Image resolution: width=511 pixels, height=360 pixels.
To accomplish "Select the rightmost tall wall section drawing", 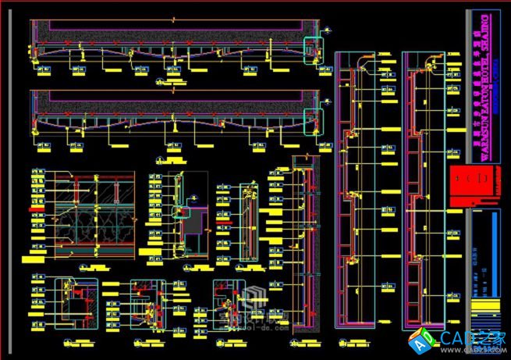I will pyautogui.click(x=424, y=187).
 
